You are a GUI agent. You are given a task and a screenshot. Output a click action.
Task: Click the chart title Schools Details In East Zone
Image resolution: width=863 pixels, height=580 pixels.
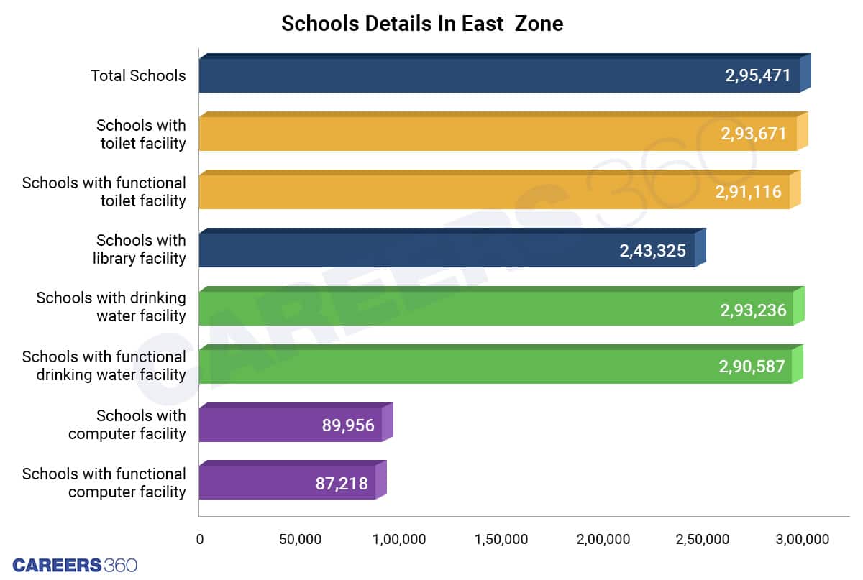click(x=421, y=24)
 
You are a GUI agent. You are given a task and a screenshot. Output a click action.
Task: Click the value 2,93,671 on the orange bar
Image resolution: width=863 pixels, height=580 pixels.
click(x=753, y=134)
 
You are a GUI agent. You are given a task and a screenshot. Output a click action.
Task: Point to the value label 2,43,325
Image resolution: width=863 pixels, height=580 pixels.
click(x=652, y=251)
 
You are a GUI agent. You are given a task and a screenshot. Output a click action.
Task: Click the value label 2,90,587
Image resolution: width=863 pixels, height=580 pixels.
click(x=752, y=367)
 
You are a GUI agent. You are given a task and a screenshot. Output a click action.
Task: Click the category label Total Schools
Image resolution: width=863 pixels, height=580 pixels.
click(x=138, y=75)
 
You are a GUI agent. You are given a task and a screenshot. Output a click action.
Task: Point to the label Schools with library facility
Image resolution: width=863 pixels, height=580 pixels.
click(x=141, y=249)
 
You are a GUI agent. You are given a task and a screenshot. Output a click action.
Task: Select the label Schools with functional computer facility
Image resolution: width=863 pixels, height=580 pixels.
click(x=104, y=483)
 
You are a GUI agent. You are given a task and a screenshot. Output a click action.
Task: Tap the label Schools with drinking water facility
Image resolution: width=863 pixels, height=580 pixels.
click(x=111, y=307)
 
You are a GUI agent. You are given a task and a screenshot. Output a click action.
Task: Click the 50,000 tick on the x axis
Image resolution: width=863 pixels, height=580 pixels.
click(x=300, y=539)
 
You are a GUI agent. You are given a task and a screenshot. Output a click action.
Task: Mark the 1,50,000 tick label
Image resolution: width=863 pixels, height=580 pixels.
click(x=501, y=539)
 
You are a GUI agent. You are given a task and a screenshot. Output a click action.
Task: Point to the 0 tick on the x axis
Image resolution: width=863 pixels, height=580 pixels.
click(x=200, y=539)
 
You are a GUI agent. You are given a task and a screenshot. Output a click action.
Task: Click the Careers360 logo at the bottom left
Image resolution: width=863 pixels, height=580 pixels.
click(x=75, y=564)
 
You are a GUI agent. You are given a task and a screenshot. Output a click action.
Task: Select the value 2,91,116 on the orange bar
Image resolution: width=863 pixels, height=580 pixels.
click(x=748, y=192)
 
